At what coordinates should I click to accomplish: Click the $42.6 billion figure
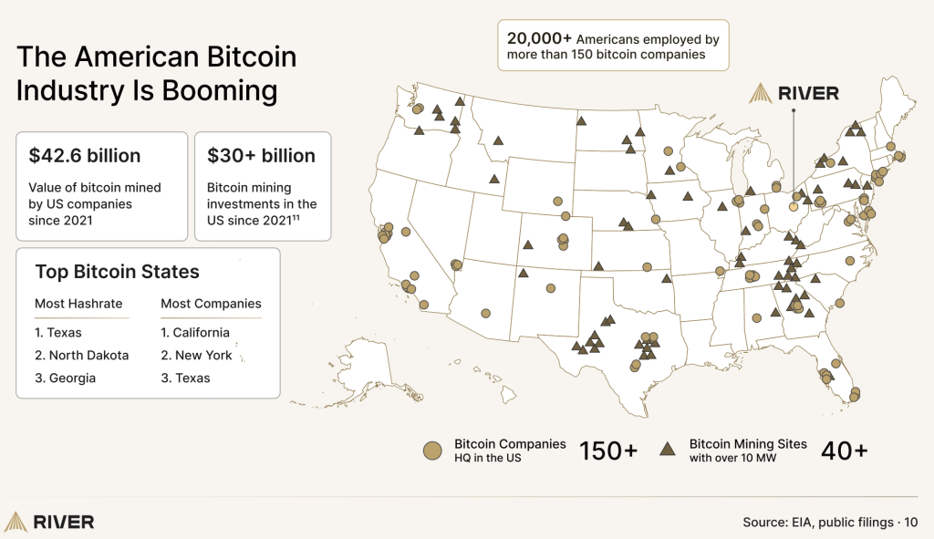[85, 156]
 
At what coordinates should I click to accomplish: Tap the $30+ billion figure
[261, 156]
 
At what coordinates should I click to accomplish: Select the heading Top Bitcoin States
[117, 272]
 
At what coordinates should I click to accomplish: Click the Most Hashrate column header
[78, 304]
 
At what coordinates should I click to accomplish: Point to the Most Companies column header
[211, 304]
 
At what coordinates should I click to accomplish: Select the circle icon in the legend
[432, 451]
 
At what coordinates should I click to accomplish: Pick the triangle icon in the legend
[668, 450]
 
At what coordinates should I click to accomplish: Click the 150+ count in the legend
[608, 451]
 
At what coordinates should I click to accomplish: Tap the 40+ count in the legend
[844, 451]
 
